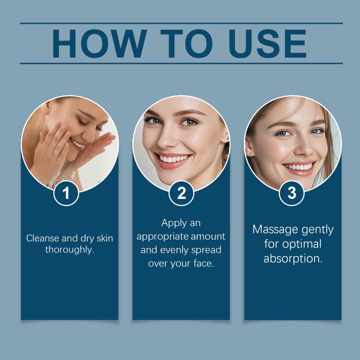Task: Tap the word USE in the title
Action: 267,43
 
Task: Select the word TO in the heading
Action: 186,43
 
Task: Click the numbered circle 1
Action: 66,193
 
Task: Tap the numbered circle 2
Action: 181,193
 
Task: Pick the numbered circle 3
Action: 292,193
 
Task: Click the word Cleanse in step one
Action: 43,238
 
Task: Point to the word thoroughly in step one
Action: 70,250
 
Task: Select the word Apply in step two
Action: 171,223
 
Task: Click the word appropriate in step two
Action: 162,237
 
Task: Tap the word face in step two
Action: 204,263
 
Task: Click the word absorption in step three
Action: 293,259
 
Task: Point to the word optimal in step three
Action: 301,244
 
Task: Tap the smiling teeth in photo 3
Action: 299,167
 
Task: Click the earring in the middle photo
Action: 228,139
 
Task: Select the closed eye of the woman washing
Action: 83,121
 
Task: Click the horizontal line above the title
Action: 181,23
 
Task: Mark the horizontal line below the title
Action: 181,63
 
